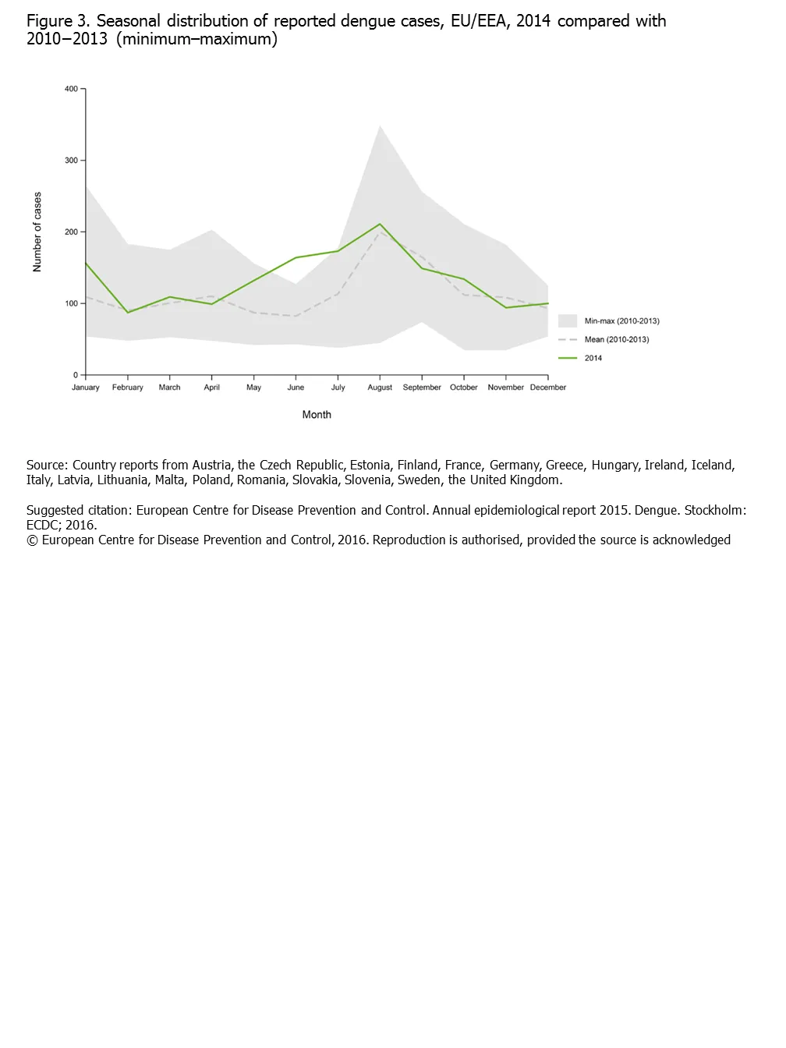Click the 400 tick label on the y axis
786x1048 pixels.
tap(71, 89)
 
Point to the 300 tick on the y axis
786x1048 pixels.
tap(71, 161)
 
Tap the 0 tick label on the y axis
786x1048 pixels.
tap(76, 375)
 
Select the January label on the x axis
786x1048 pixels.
tap(86, 388)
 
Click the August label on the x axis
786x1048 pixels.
tap(380, 388)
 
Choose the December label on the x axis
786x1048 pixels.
tap(548, 388)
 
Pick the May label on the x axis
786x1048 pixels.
tap(253, 388)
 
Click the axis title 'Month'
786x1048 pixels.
tap(317, 415)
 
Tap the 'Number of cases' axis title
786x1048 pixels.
tap(37, 232)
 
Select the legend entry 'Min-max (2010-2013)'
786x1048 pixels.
tap(621, 321)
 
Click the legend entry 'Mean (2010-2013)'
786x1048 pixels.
tap(616, 340)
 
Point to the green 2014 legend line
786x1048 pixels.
tap(568, 358)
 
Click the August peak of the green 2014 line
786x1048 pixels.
tap(380, 225)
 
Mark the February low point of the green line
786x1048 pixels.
tap(128, 313)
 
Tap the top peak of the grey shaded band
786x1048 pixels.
tap(380, 126)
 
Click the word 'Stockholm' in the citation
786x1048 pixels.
tap(713, 511)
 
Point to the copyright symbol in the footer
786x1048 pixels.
tap(32, 540)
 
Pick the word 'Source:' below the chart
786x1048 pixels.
tap(47, 466)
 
